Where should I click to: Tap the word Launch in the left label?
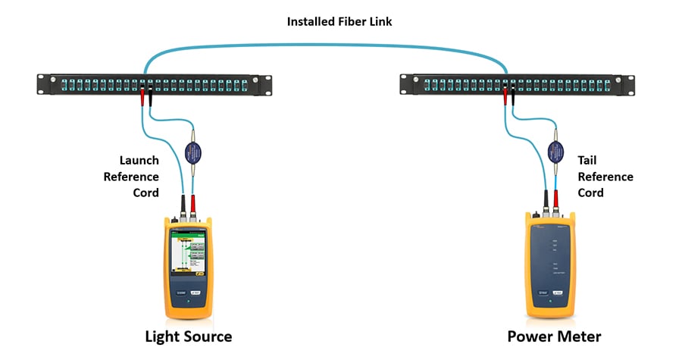139,160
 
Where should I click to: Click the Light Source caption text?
189,336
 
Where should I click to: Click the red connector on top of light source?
196,203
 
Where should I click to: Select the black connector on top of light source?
183,203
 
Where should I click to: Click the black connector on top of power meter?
545,200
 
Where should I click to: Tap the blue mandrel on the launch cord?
192,149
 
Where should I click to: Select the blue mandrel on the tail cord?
555,149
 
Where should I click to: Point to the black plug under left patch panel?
151,96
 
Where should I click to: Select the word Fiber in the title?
355,21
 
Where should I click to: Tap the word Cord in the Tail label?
591,193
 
